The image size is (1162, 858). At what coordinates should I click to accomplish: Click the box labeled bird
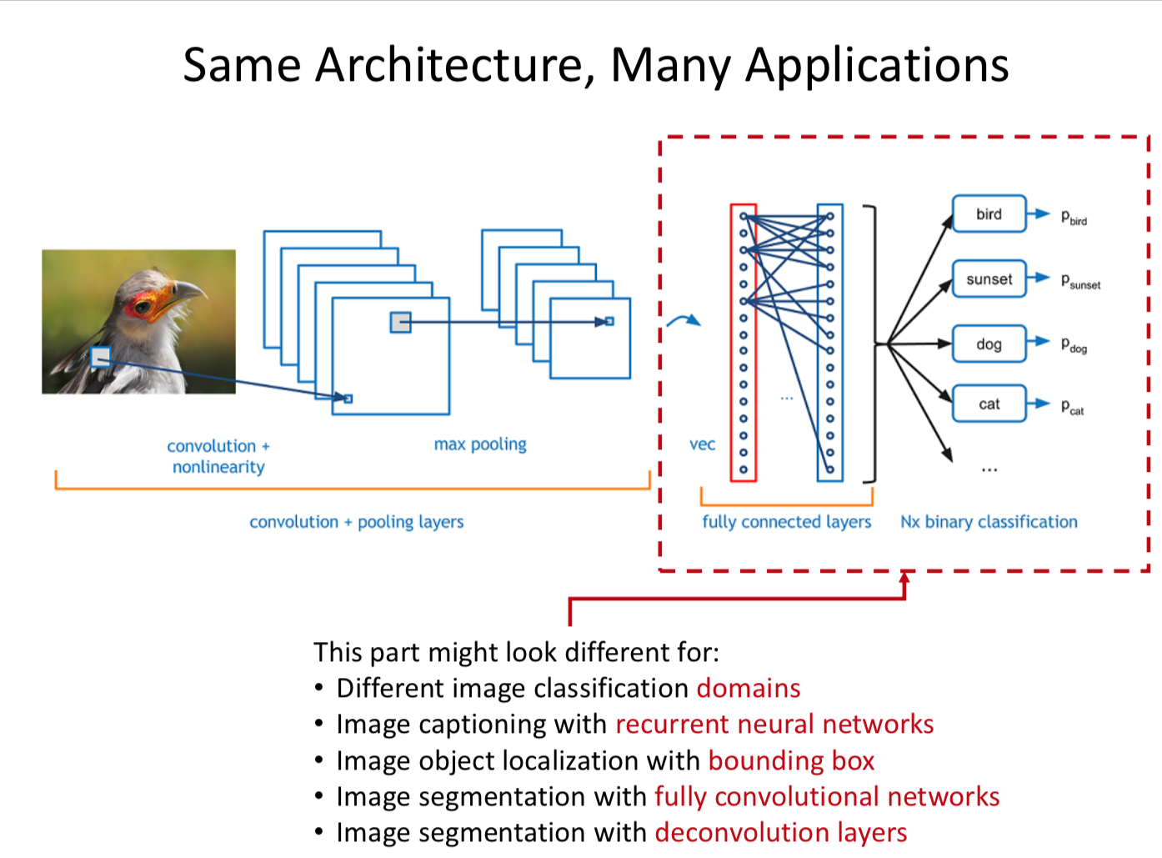click(x=989, y=214)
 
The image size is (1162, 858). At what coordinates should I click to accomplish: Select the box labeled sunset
click(x=989, y=279)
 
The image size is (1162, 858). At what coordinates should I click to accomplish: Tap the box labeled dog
click(x=989, y=344)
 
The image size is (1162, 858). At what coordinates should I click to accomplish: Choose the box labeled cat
click(x=989, y=404)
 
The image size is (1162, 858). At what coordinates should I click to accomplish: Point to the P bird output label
click(x=1074, y=218)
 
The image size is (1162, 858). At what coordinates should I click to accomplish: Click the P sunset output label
click(x=1080, y=282)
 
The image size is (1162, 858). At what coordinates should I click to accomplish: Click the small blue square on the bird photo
click(x=101, y=358)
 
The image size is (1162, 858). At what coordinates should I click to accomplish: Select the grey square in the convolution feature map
click(x=401, y=322)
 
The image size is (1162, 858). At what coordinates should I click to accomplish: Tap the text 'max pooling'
click(x=480, y=444)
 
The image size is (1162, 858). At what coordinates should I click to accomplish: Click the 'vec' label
click(x=702, y=444)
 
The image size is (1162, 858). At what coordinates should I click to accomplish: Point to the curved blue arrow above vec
click(x=684, y=321)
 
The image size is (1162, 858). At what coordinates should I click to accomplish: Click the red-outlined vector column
click(x=744, y=342)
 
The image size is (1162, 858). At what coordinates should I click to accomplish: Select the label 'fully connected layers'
click(x=786, y=522)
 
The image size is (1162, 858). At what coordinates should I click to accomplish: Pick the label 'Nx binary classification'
click(x=989, y=522)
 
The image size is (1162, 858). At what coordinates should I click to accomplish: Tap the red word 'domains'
click(x=749, y=689)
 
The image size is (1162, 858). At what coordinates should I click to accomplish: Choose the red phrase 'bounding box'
click(x=791, y=760)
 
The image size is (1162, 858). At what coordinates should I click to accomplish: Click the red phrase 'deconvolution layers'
click(x=780, y=832)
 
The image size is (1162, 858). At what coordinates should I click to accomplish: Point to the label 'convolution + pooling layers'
click(x=356, y=522)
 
